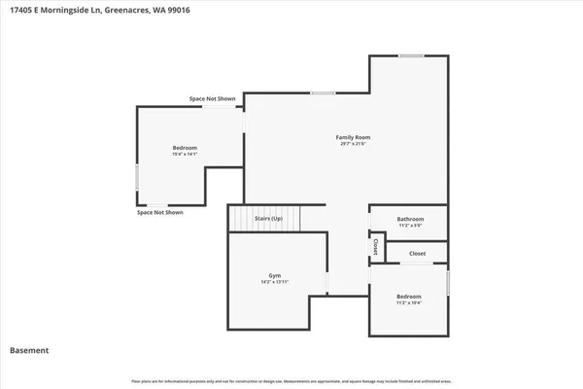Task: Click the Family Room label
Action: tap(354, 138)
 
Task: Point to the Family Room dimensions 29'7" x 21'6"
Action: tap(354, 145)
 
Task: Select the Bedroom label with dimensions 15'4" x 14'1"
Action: tap(185, 147)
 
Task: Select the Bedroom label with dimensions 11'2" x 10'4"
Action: tap(409, 296)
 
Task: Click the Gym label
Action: tap(274, 275)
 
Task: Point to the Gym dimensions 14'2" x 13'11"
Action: tap(275, 282)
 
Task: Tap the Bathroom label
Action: tap(411, 219)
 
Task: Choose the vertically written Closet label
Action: tap(376, 247)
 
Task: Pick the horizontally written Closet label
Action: tap(417, 253)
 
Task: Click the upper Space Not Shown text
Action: tap(212, 99)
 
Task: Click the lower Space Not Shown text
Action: tap(159, 212)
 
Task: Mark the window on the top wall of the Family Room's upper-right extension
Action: tap(411, 56)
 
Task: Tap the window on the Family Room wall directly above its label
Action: tap(323, 93)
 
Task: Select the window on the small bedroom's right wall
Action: tap(448, 282)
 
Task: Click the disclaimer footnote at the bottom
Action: tap(291, 380)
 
